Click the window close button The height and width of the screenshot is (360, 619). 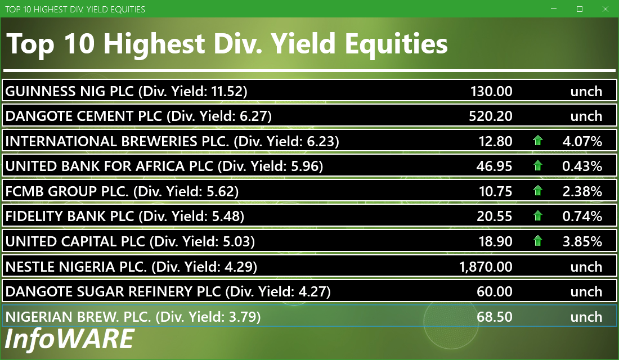pyautogui.click(x=605, y=9)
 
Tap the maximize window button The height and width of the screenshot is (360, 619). pyautogui.click(x=580, y=9)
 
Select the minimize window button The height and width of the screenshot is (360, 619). pyautogui.click(x=554, y=9)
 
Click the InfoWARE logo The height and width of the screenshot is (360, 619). pyautogui.click(x=69, y=339)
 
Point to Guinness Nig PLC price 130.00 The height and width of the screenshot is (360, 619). pyautogui.click(x=491, y=92)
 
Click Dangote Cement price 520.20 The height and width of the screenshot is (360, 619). pyautogui.click(x=491, y=116)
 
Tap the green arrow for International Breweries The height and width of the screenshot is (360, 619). pyautogui.click(x=537, y=141)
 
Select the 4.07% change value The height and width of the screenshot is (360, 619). pyautogui.click(x=582, y=141)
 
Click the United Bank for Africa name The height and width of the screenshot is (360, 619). pyautogui.click(x=109, y=166)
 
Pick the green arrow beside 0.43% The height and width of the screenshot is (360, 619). pyautogui.click(x=537, y=165)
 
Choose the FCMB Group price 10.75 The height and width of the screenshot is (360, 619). pyautogui.click(x=495, y=191)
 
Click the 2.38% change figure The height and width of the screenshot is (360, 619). pyautogui.click(x=582, y=191)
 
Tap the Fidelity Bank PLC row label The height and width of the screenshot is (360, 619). pyautogui.click(x=125, y=217)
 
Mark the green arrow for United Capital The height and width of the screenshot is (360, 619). pyautogui.click(x=537, y=241)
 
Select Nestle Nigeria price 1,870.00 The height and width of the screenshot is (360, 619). pyautogui.click(x=486, y=267)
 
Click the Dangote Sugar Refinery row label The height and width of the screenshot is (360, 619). pyautogui.click(x=168, y=292)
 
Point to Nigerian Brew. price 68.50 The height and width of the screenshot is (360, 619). pyautogui.click(x=495, y=317)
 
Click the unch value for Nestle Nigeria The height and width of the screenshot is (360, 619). pyautogui.click(x=586, y=267)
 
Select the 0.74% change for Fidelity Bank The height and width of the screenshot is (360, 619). pyautogui.click(x=582, y=217)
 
